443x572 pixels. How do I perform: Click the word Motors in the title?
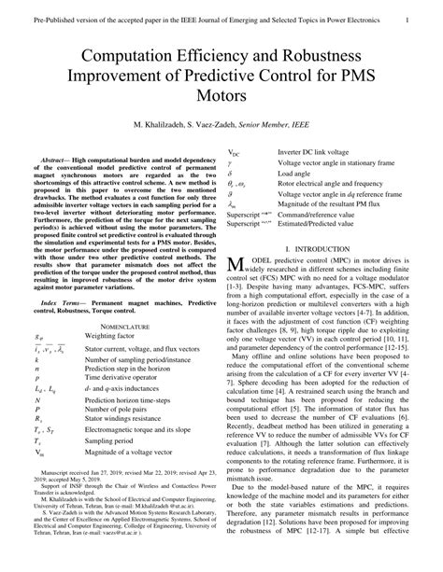coord(221,97)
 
